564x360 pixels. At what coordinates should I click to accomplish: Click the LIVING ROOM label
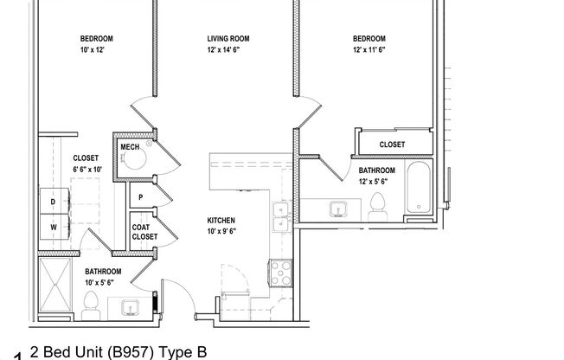pos(228,38)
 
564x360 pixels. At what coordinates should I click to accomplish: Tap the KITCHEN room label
pos(221,221)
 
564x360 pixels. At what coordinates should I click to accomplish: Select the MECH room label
pos(130,147)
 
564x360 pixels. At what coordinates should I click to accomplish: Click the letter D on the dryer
pos(53,202)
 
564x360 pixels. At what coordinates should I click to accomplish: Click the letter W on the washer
pos(53,227)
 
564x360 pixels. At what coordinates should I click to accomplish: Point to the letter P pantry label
pos(140,198)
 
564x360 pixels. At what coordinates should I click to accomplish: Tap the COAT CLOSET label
pos(144,232)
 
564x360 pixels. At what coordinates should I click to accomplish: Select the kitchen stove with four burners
pos(282,274)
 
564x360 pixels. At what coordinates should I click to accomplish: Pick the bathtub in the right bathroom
pos(418,188)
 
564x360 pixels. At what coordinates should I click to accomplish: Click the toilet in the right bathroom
pos(377,205)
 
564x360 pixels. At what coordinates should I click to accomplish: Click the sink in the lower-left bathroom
pos(131,307)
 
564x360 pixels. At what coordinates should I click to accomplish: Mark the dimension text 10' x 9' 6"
pos(221,232)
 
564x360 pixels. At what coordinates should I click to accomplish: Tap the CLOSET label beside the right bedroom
pos(393,145)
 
